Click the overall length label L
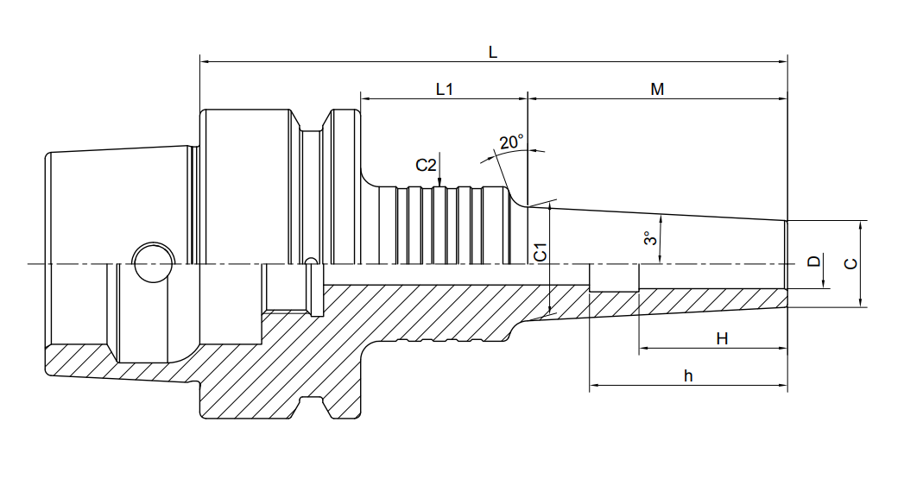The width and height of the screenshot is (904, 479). pyautogui.click(x=493, y=53)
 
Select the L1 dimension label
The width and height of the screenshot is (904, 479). pyautogui.click(x=444, y=89)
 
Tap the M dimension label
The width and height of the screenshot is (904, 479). pyautogui.click(x=657, y=89)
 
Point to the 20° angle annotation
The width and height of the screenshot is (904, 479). pyautogui.click(x=511, y=142)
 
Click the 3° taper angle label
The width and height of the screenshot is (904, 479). pyautogui.click(x=650, y=237)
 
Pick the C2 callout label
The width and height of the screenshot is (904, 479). pyautogui.click(x=426, y=166)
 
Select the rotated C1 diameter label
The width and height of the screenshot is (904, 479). pyautogui.click(x=540, y=252)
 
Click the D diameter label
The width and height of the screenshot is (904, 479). pyautogui.click(x=813, y=262)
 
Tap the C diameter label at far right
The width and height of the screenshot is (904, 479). pyautogui.click(x=850, y=264)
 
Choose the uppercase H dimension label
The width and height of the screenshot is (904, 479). pyautogui.click(x=722, y=338)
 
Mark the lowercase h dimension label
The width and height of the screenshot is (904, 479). pyautogui.click(x=688, y=375)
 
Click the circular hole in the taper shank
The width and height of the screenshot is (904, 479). pyautogui.click(x=154, y=263)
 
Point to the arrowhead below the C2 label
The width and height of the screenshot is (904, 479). pyautogui.click(x=439, y=181)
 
